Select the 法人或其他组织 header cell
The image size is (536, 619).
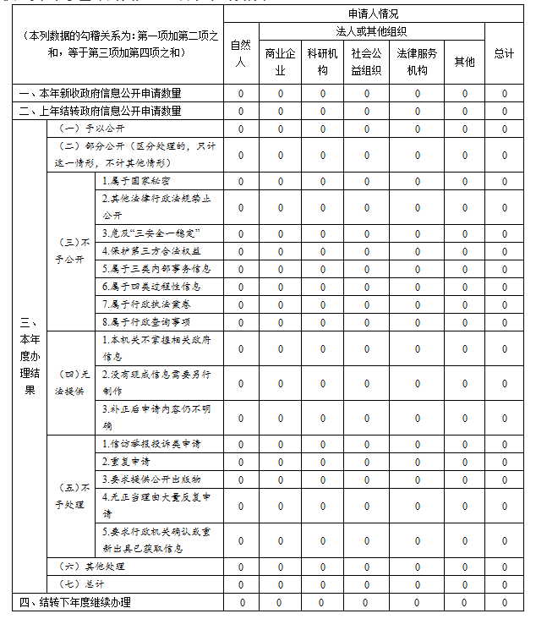[x=372, y=31]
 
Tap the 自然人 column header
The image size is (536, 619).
[x=241, y=53]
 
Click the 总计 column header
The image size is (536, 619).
[x=504, y=53]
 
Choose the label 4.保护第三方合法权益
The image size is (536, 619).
[x=151, y=251]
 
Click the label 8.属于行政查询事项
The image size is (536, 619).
[x=145, y=322]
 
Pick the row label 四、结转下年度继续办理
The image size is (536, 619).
[x=75, y=602]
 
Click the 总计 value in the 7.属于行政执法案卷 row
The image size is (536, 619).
[x=504, y=304]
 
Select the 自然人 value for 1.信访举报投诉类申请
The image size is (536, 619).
[x=241, y=445]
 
